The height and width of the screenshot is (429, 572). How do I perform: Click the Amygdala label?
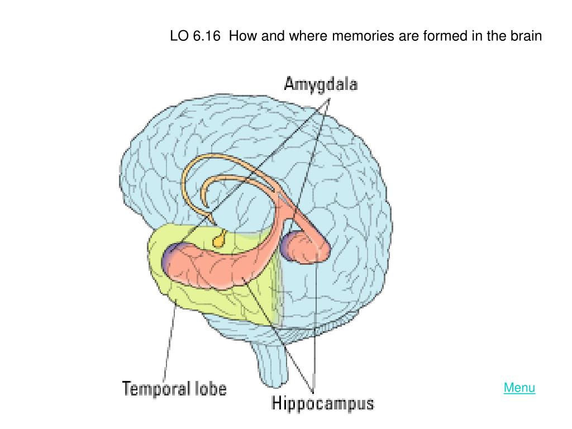321,84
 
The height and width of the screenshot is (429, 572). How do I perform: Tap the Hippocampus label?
322,403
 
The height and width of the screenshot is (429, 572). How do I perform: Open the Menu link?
519,388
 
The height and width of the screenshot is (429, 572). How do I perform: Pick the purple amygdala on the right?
288,245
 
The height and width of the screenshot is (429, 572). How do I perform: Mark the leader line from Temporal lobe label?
170,341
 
